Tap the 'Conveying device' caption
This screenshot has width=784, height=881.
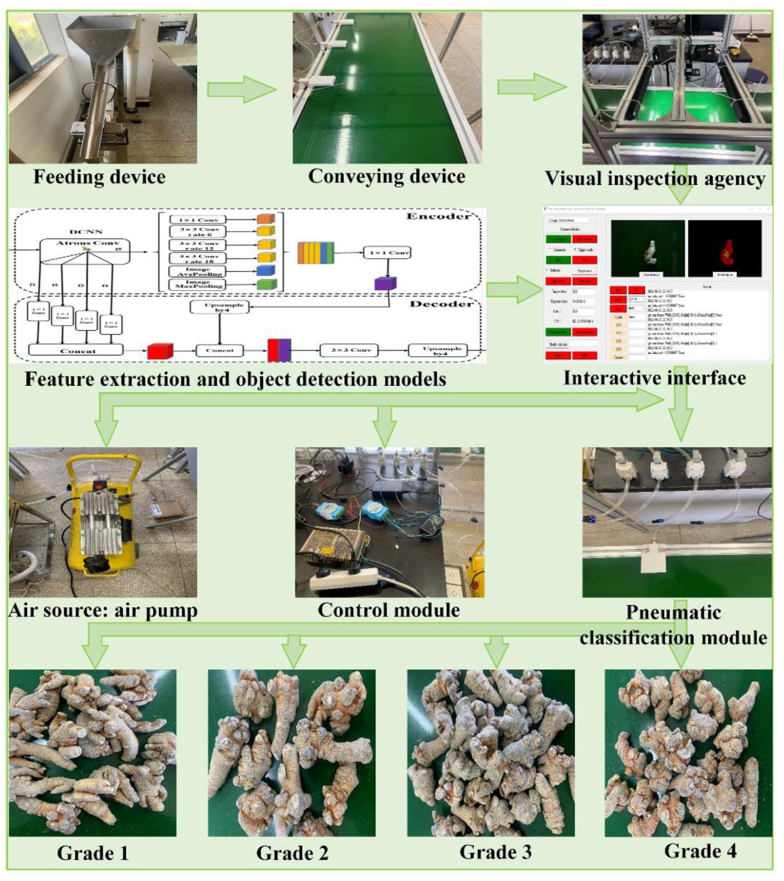[386, 176]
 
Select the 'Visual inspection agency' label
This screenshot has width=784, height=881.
[655, 178]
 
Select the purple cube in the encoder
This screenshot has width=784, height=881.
[385, 284]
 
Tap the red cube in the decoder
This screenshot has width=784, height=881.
[160, 351]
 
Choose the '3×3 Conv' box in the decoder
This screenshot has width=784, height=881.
[349, 350]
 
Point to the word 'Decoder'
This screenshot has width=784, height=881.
[441, 304]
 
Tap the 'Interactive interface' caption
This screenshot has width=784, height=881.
[655, 378]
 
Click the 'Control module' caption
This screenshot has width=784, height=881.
[389, 610]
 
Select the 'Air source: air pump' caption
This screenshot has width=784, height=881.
[103, 610]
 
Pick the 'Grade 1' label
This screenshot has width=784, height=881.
[93, 852]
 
